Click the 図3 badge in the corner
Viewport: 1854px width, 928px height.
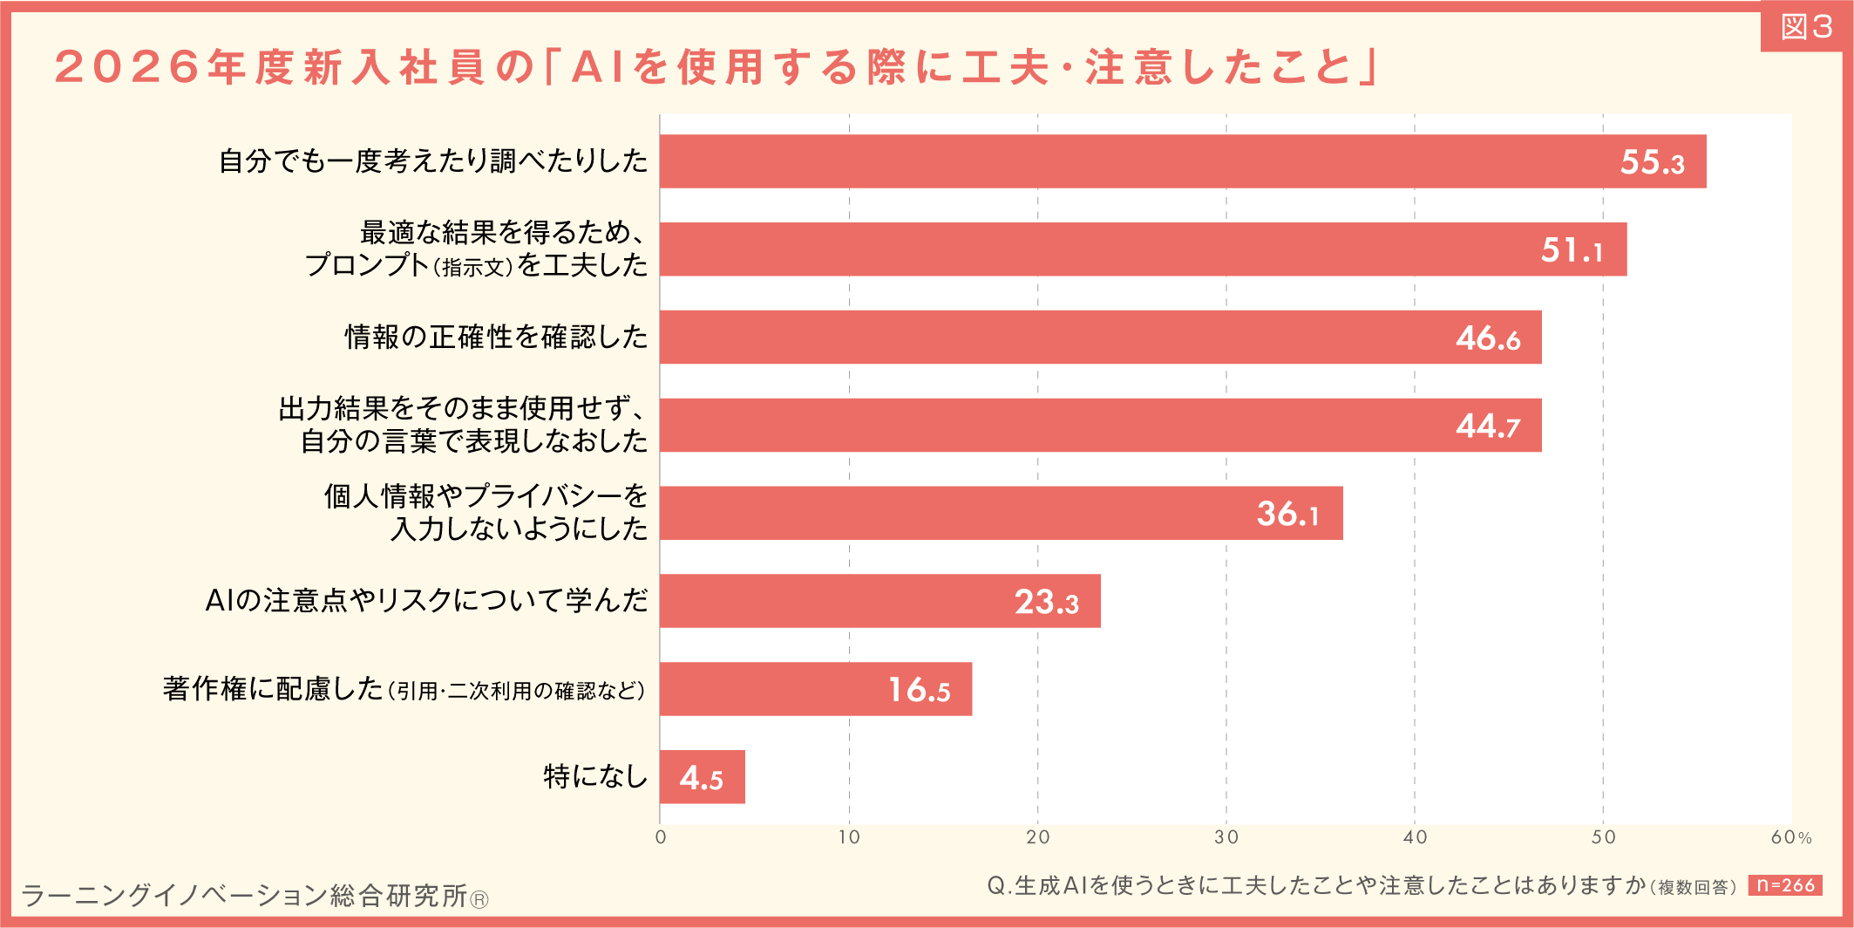(1806, 27)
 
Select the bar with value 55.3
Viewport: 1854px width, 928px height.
(1133, 161)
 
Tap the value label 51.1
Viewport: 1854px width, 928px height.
(1572, 250)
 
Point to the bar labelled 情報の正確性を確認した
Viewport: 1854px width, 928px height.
(1046, 338)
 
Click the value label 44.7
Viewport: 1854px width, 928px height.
(1488, 426)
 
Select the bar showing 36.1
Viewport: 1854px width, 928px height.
(959, 514)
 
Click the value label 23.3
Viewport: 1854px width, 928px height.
(1046, 602)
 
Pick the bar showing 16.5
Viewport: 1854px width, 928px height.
(784, 689)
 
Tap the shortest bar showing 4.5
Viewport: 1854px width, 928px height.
(702, 777)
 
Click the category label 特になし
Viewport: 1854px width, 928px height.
(595, 776)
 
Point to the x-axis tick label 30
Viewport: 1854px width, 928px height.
(1226, 837)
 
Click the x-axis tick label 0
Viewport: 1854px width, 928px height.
(661, 837)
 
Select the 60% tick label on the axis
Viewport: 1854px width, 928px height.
(1790, 837)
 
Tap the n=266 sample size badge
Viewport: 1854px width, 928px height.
(1785, 885)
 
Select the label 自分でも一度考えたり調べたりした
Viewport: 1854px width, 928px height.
(433, 161)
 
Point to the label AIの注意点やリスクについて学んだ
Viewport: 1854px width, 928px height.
(426, 601)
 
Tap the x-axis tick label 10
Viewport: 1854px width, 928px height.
(848, 837)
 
